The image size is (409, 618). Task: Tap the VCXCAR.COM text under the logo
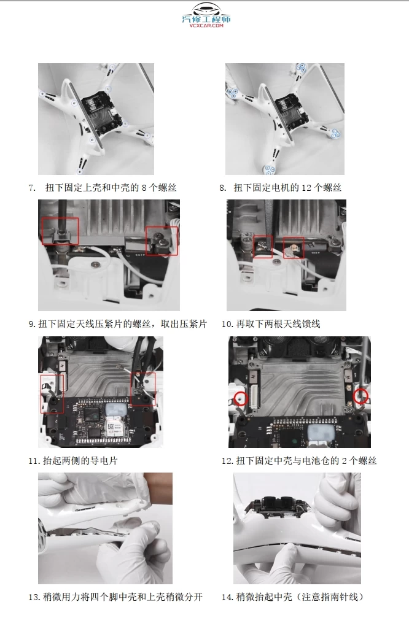pos(206,26)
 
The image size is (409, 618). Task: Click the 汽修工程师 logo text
pos(206,19)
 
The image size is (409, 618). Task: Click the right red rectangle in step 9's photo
pos(162,241)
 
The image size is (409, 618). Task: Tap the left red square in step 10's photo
pos(263,247)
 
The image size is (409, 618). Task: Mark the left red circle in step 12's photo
pos(241,398)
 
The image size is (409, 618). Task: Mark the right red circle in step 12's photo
pos(361,395)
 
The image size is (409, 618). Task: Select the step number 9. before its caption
pos(32,324)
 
